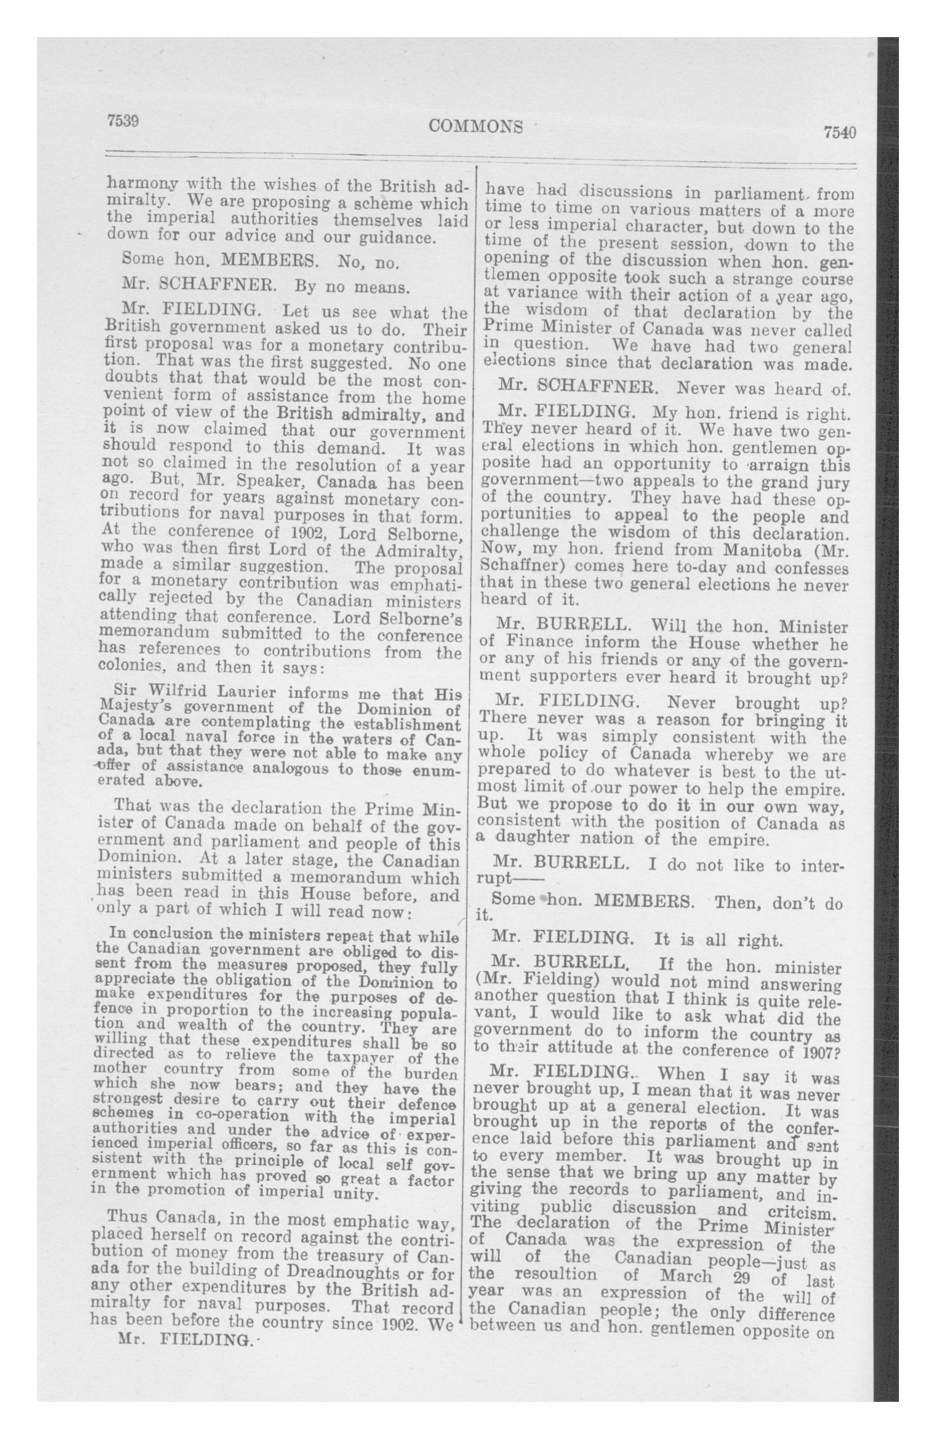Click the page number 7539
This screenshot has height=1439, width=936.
[x=123, y=120]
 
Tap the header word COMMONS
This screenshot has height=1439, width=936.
[x=475, y=126]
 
